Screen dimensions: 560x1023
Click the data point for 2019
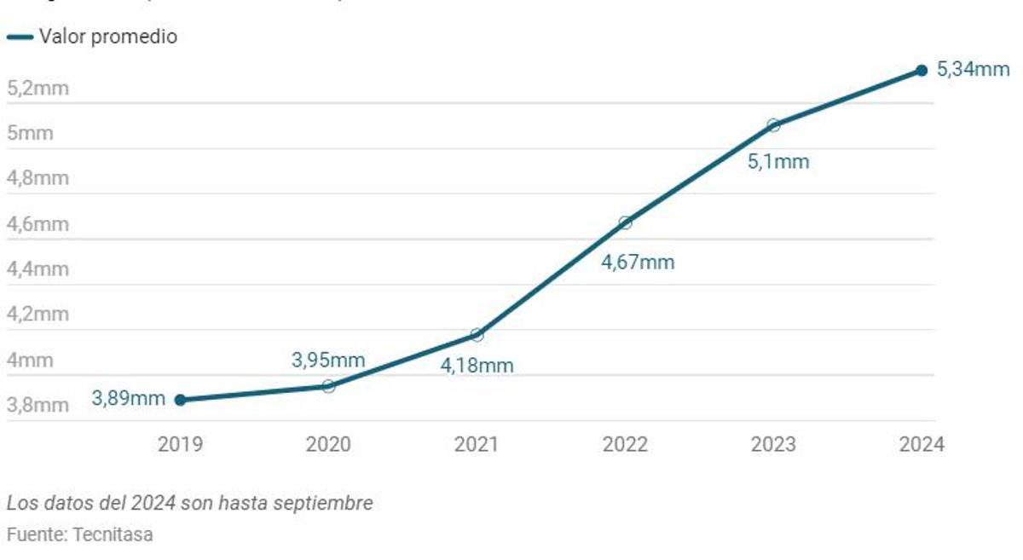tap(180, 399)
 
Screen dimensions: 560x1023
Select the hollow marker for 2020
tap(328, 386)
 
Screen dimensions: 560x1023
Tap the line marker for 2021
tap(477, 335)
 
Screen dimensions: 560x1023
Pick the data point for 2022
tap(625, 222)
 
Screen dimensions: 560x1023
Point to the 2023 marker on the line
tap(773, 125)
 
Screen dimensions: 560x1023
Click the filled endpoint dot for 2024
tap(922, 70)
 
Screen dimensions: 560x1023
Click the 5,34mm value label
tap(973, 70)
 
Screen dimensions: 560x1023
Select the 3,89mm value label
tap(128, 398)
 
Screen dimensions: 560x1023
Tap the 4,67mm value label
tap(638, 263)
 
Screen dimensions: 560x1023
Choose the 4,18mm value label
tap(477, 366)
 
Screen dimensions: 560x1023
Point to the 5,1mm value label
tap(777, 161)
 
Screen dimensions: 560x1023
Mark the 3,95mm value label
tap(328, 360)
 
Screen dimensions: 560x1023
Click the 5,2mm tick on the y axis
tap(38, 88)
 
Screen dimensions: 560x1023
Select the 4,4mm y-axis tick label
tap(38, 269)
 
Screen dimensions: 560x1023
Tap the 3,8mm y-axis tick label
tap(38, 405)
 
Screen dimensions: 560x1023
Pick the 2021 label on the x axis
tap(477, 444)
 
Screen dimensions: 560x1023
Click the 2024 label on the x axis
tap(922, 444)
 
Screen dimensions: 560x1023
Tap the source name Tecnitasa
tap(113, 535)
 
